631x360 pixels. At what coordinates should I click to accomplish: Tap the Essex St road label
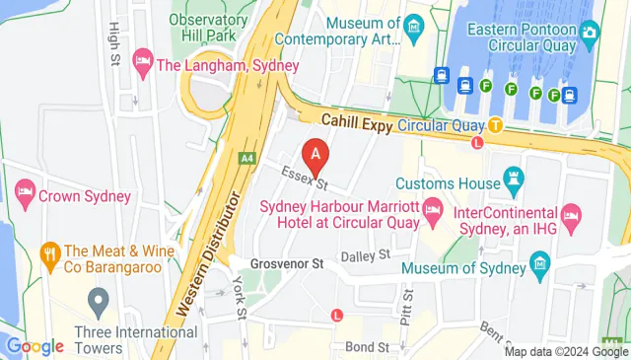click(305, 178)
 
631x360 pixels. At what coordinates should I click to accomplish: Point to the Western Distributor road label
click(210, 253)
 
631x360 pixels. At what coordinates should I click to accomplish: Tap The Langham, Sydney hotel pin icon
click(143, 65)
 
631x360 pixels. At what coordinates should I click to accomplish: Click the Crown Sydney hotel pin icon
click(24, 195)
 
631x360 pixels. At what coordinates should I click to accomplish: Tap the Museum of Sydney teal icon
click(539, 262)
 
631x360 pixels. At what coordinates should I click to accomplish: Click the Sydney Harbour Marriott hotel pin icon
click(432, 209)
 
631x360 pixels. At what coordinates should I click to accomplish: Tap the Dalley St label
click(365, 255)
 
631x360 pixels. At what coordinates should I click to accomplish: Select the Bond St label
click(366, 347)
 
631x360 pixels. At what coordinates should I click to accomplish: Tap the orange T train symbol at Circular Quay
click(495, 125)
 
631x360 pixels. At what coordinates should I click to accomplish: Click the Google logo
click(35, 346)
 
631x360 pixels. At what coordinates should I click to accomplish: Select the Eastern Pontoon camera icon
click(590, 33)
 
